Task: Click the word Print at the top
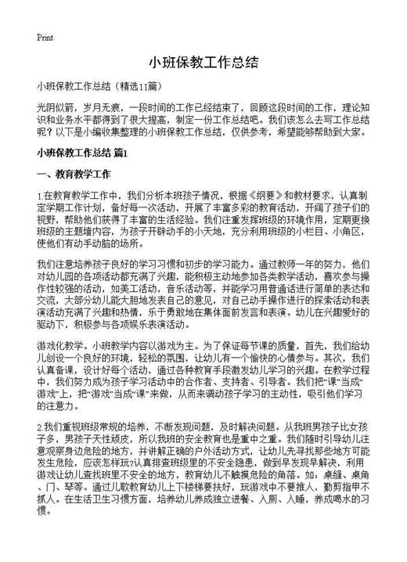[45, 37]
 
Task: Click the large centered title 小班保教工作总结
[203, 61]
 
